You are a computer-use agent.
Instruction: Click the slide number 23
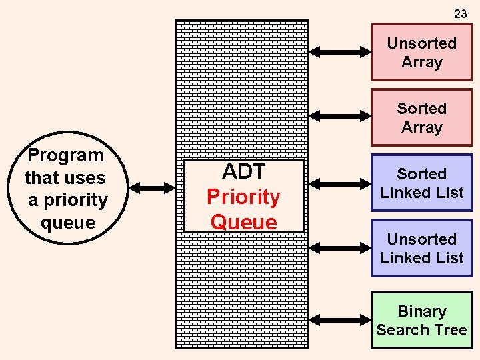pyautogui.click(x=460, y=13)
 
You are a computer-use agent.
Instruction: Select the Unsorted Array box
pyautogui.click(x=421, y=53)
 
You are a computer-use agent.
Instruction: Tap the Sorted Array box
pyautogui.click(x=421, y=118)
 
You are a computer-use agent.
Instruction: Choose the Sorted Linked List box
pyautogui.click(x=421, y=183)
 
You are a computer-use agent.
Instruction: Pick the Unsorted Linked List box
pyautogui.click(x=421, y=248)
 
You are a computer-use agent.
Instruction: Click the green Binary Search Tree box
pyautogui.click(x=421, y=320)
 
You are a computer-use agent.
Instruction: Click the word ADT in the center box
pyautogui.click(x=243, y=172)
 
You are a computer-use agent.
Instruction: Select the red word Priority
pyautogui.click(x=243, y=197)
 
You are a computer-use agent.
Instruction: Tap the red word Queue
pyautogui.click(x=243, y=221)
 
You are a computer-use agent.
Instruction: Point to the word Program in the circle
pyautogui.click(x=66, y=155)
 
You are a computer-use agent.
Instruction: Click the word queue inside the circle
pyautogui.click(x=67, y=222)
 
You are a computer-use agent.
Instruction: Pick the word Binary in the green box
pyautogui.click(x=421, y=311)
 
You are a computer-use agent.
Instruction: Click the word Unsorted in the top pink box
pyautogui.click(x=421, y=43)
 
